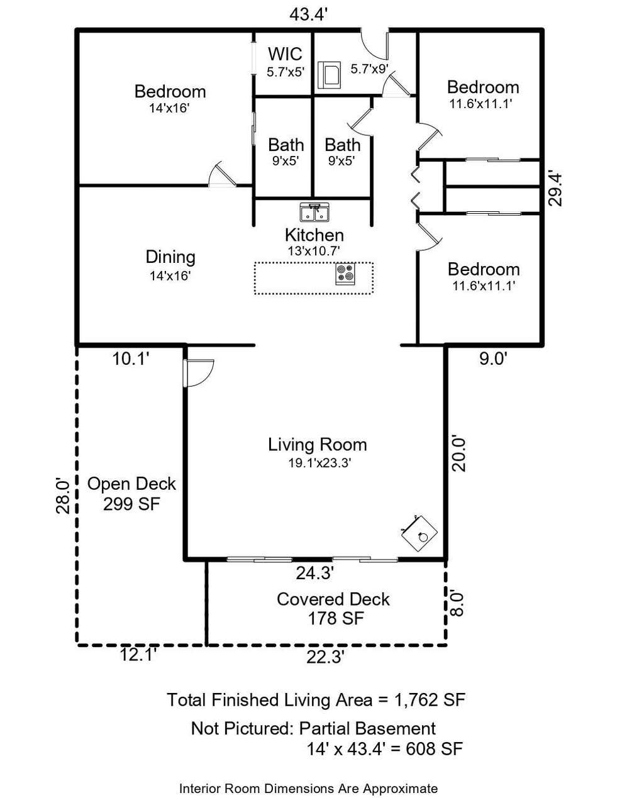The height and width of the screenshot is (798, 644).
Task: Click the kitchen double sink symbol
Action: point(314,212)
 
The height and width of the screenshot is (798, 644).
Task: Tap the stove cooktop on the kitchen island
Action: point(345,274)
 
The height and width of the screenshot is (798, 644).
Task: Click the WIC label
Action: point(285,54)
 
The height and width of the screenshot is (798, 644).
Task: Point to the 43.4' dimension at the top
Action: point(309,15)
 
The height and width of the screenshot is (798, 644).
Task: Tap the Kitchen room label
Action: point(314,235)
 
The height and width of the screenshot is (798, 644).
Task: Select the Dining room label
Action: point(170,257)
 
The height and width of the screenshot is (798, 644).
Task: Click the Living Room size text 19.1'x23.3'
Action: point(319,463)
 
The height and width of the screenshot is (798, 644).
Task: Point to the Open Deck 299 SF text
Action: point(131,494)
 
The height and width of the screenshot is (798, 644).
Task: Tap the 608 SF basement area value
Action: point(434,748)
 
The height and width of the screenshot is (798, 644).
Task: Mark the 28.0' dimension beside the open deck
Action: point(63,496)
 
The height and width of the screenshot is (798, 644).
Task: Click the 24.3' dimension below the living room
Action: point(315,573)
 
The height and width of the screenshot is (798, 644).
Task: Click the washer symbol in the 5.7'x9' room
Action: point(329,75)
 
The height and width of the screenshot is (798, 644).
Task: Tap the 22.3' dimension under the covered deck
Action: point(326,657)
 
